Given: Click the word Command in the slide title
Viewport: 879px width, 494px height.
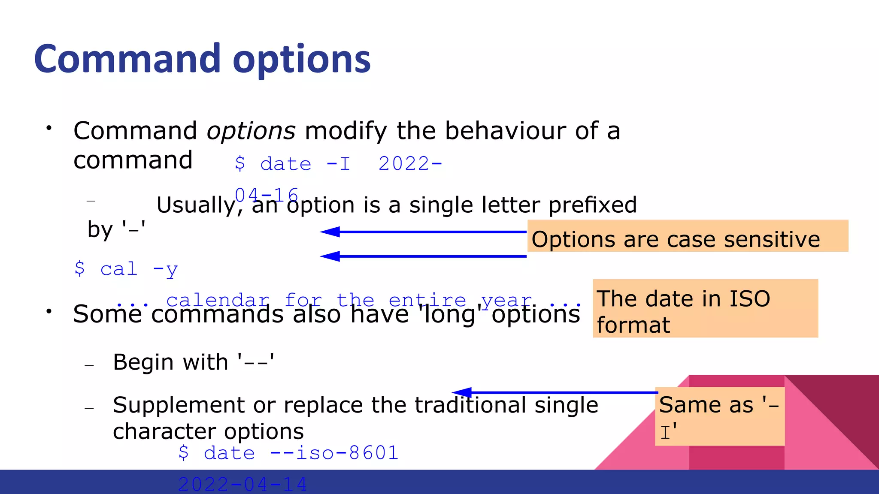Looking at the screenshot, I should pyautogui.click(x=127, y=59).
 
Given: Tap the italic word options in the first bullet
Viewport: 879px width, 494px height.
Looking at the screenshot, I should pyautogui.click(x=251, y=131).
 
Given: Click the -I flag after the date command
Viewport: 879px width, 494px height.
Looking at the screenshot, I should pyautogui.click(x=339, y=164).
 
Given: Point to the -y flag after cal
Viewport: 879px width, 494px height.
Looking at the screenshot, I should pyautogui.click(x=165, y=270).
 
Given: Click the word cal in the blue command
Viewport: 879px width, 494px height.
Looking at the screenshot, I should pyautogui.click(x=119, y=269).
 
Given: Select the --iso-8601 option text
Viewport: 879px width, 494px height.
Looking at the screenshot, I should pyautogui.click(x=334, y=453).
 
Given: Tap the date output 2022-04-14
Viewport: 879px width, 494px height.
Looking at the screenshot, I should pyautogui.click(x=242, y=484).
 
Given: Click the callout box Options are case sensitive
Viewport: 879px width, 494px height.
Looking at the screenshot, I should pyautogui.click(x=687, y=236).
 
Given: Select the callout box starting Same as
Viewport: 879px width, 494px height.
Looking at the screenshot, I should pyautogui.click(x=719, y=416).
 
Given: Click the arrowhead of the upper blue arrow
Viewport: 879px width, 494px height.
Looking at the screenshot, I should pyautogui.click(x=330, y=232).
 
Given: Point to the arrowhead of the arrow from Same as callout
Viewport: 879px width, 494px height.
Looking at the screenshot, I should pyautogui.click(x=462, y=392).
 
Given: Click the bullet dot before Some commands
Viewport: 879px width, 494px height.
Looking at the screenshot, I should pyautogui.click(x=49, y=311).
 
